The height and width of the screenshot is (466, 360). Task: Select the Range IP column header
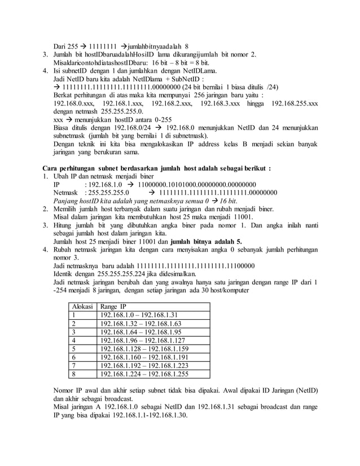(113, 306)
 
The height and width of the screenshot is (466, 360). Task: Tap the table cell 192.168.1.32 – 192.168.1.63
(138, 324)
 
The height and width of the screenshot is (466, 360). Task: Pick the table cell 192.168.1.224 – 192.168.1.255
(143, 373)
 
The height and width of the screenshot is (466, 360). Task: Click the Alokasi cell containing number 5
(73, 349)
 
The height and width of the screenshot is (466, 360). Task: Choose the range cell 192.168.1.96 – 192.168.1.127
(141, 340)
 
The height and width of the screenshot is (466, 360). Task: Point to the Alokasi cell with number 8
(73, 373)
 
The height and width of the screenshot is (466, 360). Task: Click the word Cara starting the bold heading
(52, 168)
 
